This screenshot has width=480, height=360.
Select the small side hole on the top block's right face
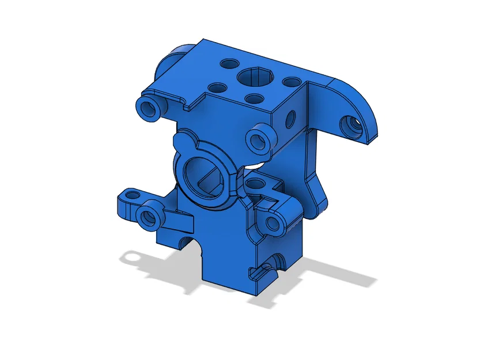pos(291,118)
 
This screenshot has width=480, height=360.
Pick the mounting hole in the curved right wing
pos(350,123)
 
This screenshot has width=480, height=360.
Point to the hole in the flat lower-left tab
pos(132,196)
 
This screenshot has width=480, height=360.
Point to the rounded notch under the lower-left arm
pos(184,242)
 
